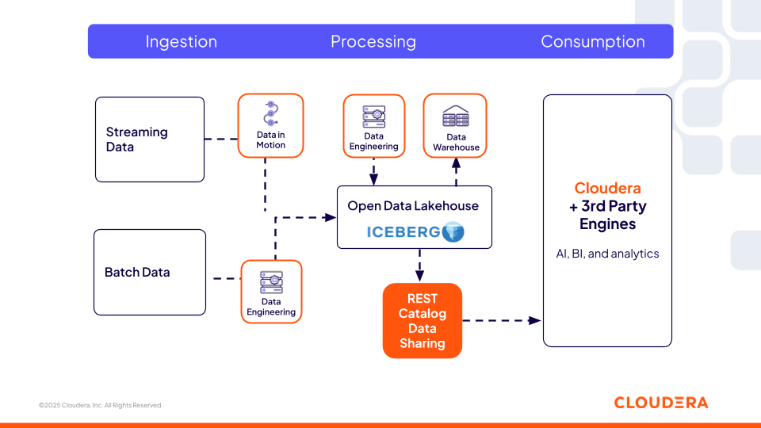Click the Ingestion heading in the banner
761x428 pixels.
tap(181, 42)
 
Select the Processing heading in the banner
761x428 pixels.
tap(373, 42)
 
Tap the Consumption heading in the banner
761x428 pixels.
tap(592, 42)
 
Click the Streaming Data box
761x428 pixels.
tap(149, 139)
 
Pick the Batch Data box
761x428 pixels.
tap(149, 272)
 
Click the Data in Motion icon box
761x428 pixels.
tap(270, 125)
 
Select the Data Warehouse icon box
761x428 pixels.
tap(455, 125)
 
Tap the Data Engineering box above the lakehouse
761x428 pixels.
tap(373, 125)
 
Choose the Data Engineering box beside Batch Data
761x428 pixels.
tap(271, 292)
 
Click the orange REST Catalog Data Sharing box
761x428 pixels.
tap(422, 321)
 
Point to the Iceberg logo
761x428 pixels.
tap(415, 232)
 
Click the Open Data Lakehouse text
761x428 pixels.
tap(413, 206)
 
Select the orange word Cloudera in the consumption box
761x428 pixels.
tap(607, 189)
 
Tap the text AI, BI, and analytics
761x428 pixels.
tap(607, 254)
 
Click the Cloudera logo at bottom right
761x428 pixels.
tap(660, 403)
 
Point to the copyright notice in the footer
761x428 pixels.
tap(101, 405)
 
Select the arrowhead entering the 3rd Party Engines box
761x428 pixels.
tap(536, 320)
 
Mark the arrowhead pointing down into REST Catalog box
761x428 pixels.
tap(419, 275)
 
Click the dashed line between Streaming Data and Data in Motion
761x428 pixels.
tap(221, 139)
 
